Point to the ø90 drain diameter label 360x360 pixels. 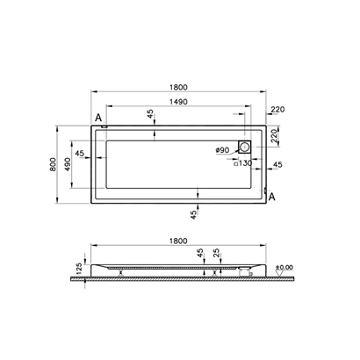(222, 151)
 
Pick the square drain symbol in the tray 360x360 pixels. (245, 148)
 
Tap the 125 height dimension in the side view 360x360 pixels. (78, 266)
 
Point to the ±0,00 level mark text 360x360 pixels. (283, 266)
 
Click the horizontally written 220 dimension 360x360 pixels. (279, 110)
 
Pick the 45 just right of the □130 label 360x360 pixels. (277, 164)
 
